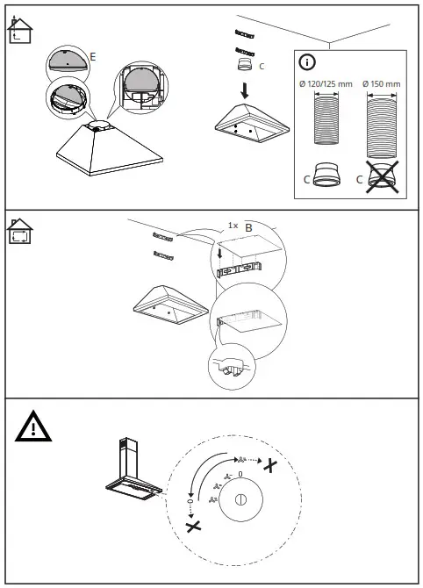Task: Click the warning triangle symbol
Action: [33, 427]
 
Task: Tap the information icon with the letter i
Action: [307, 62]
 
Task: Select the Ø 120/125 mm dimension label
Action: [326, 84]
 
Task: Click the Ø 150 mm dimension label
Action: [382, 84]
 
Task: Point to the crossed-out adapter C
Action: [383, 177]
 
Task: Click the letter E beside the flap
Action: [93, 57]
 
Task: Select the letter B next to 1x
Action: [248, 227]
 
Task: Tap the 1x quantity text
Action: [233, 226]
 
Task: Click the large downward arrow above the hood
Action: [245, 90]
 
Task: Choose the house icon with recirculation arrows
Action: [20, 231]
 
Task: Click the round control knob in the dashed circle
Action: [240, 499]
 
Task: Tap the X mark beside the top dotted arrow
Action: [270, 465]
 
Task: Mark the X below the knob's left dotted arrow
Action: [193, 527]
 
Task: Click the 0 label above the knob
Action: [240, 474]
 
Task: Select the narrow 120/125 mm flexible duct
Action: [326, 120]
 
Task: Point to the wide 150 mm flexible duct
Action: [382, 127]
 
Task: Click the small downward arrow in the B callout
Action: [220, 253]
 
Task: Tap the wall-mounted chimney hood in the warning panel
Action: [133, 470]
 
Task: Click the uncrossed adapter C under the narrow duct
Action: [326, 175]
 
